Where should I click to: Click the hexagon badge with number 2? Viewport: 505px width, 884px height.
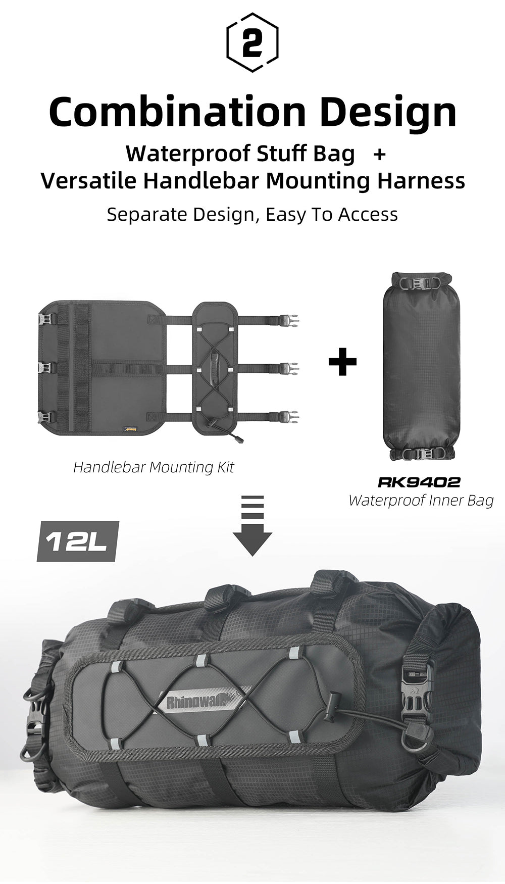(252, 42)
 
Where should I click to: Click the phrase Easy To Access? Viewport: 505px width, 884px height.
(332, 214)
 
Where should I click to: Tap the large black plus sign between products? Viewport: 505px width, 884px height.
(342, 361)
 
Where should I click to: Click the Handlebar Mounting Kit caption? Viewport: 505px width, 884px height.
(154, 467)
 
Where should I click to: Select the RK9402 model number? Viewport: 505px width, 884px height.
(419, 482)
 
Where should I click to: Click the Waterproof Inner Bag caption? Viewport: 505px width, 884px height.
(421, 501)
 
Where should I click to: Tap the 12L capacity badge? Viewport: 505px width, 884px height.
(77, 542)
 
